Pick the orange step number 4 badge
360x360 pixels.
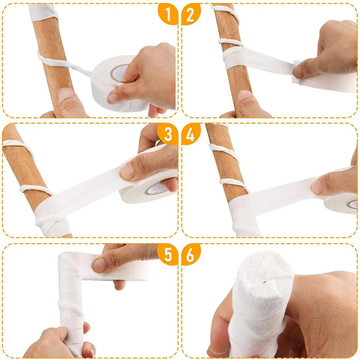pyautogui.click(x=191, y=134)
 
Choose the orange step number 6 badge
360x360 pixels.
pyautogui.click(x=191, y=254)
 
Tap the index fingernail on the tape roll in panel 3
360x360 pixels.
pyautogui.click(x=128, y=172)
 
